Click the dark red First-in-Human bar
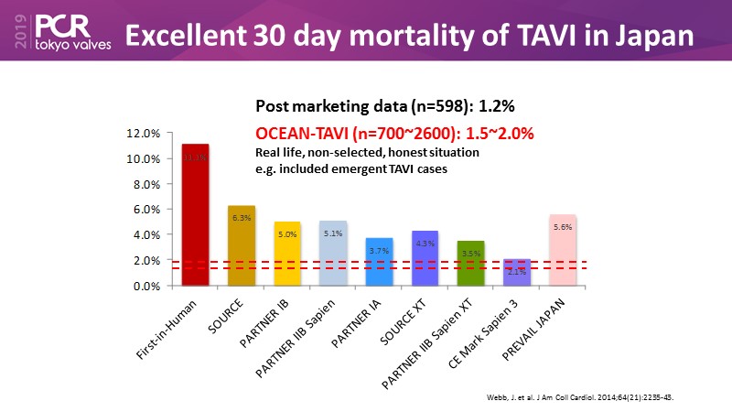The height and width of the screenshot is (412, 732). [195, 215]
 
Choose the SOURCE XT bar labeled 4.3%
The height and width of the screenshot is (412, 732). [425, 258]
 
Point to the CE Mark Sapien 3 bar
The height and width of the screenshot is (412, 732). [517, 272]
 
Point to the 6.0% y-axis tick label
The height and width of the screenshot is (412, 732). [147, 210]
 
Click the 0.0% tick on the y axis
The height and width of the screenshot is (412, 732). [147, 286]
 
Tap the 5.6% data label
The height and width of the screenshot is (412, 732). [564, 226]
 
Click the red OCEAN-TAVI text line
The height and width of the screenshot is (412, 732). [394, 133]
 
